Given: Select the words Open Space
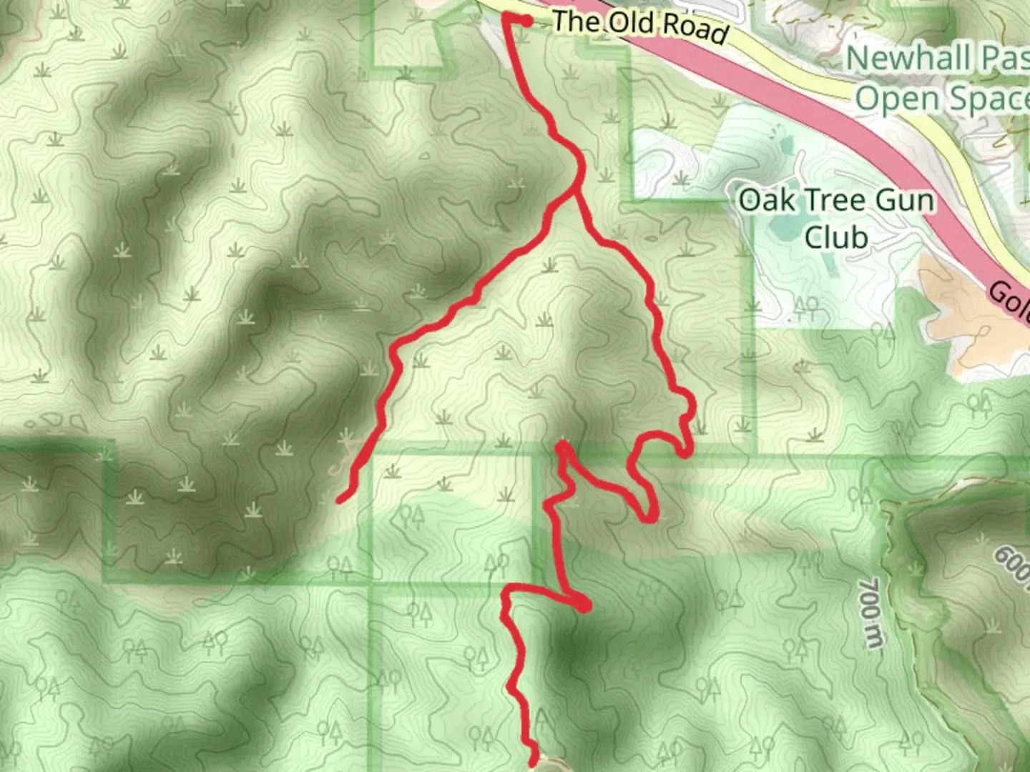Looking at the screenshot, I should (x=941, y=99).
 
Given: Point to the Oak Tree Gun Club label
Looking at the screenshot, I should (x=836, y=218).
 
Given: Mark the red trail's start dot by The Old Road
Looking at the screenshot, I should (x=527, y=21).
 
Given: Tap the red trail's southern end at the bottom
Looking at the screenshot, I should (x=533, y=763).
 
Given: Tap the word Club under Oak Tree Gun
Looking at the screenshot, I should (x=836, y=237).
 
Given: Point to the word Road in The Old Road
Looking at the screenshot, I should (x=695, y=29).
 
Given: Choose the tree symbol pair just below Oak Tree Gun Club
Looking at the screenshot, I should (x=807, y=307).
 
